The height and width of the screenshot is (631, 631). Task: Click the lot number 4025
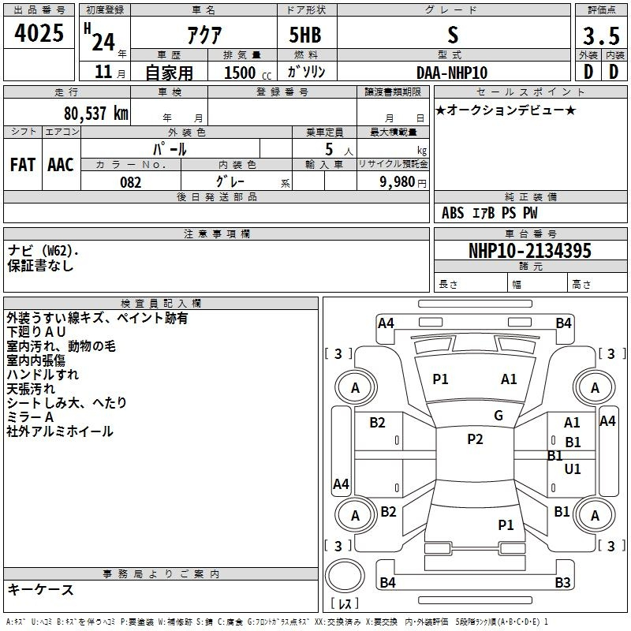(x=39, y=33)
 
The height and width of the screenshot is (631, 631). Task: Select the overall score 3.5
(x=601, y=35)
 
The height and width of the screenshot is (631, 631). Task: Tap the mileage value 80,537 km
(x=95, y=114)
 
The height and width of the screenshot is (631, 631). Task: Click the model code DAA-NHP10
(x=452, y=73)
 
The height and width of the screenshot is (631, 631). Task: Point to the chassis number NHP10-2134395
(x=530, y=250)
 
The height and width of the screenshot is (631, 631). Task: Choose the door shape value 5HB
(x=305, y=35)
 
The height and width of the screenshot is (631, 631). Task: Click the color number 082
(x=131, y=182)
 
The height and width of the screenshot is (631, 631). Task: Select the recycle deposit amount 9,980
(x=398, y=181)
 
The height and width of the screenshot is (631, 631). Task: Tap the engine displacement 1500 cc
(x=248, y=73)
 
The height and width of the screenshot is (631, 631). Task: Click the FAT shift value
(x=23, y=165)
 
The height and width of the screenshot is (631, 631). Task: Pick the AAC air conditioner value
(x=61, y=165)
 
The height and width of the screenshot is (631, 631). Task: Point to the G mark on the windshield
(x=498, y=416)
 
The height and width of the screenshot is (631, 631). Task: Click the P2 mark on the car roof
(x=475, y=439)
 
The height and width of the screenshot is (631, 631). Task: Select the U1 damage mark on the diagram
(x=573, y=469)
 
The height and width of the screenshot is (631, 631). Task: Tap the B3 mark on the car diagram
(x=562, y=582)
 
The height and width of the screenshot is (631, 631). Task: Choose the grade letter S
(x=453, y=35)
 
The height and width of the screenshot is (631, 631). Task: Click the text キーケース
(x=41, y=590)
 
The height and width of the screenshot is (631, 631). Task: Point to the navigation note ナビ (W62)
(x=42, y=251)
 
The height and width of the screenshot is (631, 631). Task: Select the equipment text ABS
(x=453, y=213)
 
